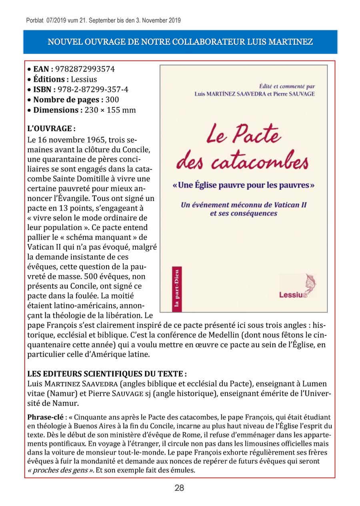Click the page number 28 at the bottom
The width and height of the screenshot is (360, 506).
tap(179, 488)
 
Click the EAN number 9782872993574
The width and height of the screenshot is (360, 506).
tap(85, 69)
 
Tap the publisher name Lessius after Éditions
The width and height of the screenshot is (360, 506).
tap(84, 79)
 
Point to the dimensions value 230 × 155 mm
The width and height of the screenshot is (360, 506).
tap(110, 110)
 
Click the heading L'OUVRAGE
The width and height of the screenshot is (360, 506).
tap(51, 129)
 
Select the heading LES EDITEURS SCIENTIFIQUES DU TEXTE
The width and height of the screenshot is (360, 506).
tap(107, 374)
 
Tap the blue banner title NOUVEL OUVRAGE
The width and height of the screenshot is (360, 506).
tap(180, 42)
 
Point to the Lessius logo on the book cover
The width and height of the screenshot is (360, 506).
tap(297, 288)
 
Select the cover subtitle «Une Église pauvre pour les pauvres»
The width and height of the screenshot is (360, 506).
tap(244, 186)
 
